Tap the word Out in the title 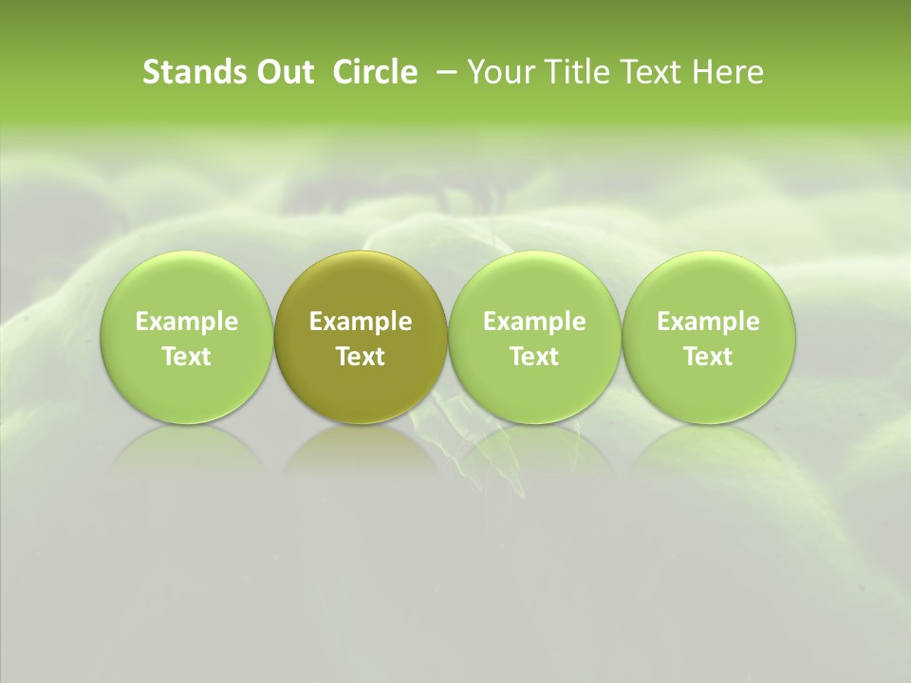tap(283, 72)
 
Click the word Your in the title tap(499, 72)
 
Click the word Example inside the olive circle tap(361, 322)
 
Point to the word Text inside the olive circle tap(361, 357)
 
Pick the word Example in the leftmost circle tap(186, 322)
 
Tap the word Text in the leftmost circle tap(186, 357)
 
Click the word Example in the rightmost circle tap(708, 322)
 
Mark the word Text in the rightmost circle tap(708, 357)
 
